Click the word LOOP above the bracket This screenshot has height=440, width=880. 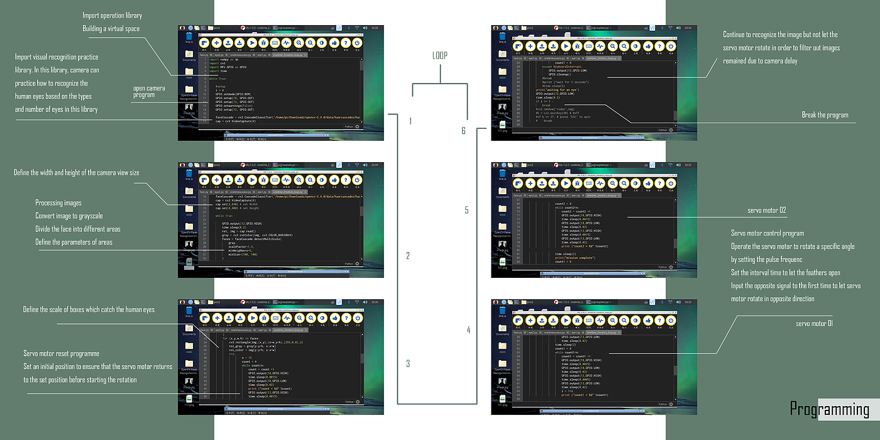[x=440, y=55]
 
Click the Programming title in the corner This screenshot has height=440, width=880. [x=830, y=409]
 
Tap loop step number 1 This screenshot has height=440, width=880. [x=410, y=121]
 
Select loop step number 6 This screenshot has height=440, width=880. [x=463, y=131]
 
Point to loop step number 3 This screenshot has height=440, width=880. [x=408, y=363]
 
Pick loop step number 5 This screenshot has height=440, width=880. [x=466, y=210]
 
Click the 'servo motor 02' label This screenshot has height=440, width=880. [x=766, y=210]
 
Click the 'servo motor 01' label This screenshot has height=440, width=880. [x=814, y=323]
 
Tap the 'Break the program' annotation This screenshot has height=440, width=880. [x=825, y=115]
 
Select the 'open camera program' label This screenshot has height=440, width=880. [x=149, y=92]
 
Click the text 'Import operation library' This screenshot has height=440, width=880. [x=113, y=15]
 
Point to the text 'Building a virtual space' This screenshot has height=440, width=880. [x=111, y=29]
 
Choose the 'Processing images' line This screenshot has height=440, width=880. [x=58, y=203]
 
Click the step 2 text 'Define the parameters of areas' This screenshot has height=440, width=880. [x=79, y=242]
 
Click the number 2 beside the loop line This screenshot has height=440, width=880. [x=408, y=256]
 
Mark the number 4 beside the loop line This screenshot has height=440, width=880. [x=468, y=329]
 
